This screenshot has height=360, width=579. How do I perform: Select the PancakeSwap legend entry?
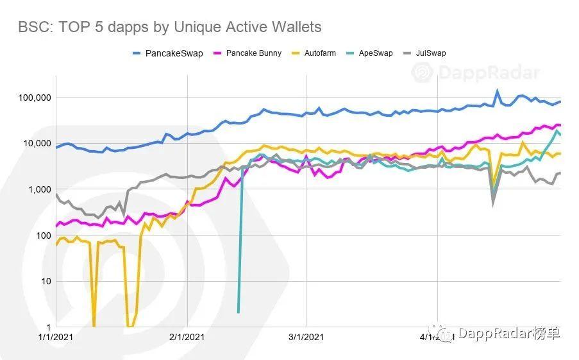[x=174, y=53]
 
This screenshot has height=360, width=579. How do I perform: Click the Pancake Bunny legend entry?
[x=253, y=53]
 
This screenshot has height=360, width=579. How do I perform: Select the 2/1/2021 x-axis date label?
[x=187, y=336]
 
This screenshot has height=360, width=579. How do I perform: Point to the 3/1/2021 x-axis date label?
[x=306, y=336]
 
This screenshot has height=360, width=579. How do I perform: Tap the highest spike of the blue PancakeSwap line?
[x=497, y=91]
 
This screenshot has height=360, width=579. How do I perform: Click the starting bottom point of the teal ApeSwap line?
[x=239, y=313]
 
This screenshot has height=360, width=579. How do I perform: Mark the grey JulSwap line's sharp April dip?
[x=493, y=203]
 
